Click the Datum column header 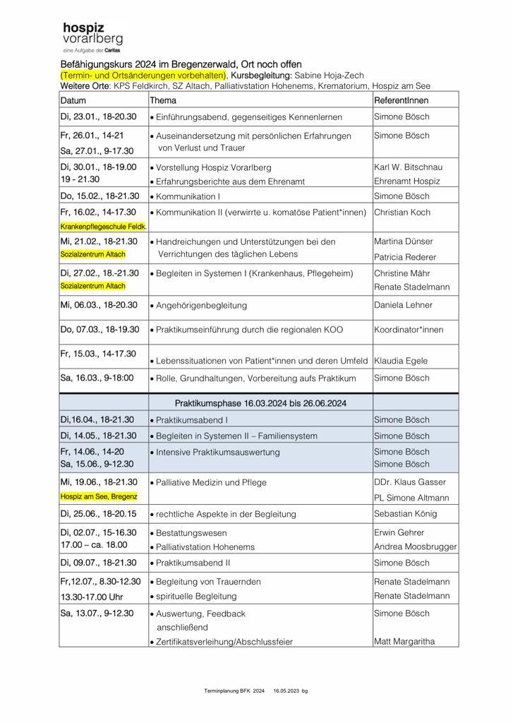pyautogui.click(x=73, y=100)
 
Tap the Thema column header pyautogui.click(x=163, y=100)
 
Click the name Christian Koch pyautogui.click(x=402, y=212)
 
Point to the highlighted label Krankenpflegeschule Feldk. pyautogui.click(x=103, y=227)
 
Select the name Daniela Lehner pyautogui.click(x=404, y=305)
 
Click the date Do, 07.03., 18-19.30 pyautogui.click(x=99, y=330)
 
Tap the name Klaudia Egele pyautogui.click(x=401, y=361)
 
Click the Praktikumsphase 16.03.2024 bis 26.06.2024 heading pyautogui.click(x=260, y=403)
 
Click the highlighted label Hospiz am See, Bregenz pyautogui.click(x=99, y=496)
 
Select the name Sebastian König pyautogui.click(x=406, y=514)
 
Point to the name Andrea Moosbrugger pyautogui.click(x=415, y=546)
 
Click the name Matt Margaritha pyautogui.click(x=404, y=641)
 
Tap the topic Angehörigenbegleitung pyautogui.click(x=201, y=305)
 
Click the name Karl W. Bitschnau pyautogui.click(x=409, y=167)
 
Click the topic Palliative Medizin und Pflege pyautogui.click(x=211, y=482)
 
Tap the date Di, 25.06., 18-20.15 pyautogui.click(x=98, y=514)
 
